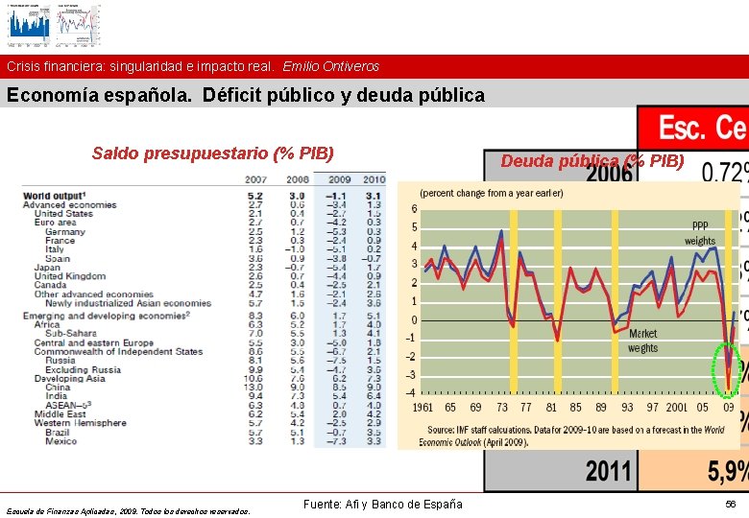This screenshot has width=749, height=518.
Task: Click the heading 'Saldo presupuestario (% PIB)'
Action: [212, 153]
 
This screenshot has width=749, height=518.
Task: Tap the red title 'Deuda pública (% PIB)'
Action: [592, 160]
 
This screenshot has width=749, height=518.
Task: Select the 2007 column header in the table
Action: [255, 179]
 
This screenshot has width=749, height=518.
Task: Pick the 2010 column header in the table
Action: [373, 179]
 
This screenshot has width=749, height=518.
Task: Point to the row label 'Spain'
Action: [58, 258]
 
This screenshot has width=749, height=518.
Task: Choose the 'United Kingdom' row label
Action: [71, 276]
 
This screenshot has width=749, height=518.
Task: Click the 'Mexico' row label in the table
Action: [60, 440]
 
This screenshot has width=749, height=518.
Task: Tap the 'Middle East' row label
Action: [60, 413]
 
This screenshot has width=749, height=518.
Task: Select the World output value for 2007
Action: [256, 197]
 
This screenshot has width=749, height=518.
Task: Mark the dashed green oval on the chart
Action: [727, 369]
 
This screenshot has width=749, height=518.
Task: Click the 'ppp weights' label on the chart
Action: [699, 230]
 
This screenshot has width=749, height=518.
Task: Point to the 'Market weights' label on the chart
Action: [643, 341]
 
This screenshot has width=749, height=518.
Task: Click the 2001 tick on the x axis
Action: [677, 407]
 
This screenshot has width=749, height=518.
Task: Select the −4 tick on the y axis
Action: [412, 391]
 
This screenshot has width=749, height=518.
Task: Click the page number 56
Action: [731, 504]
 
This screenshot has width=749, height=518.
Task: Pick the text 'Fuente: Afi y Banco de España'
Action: [382, 505]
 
